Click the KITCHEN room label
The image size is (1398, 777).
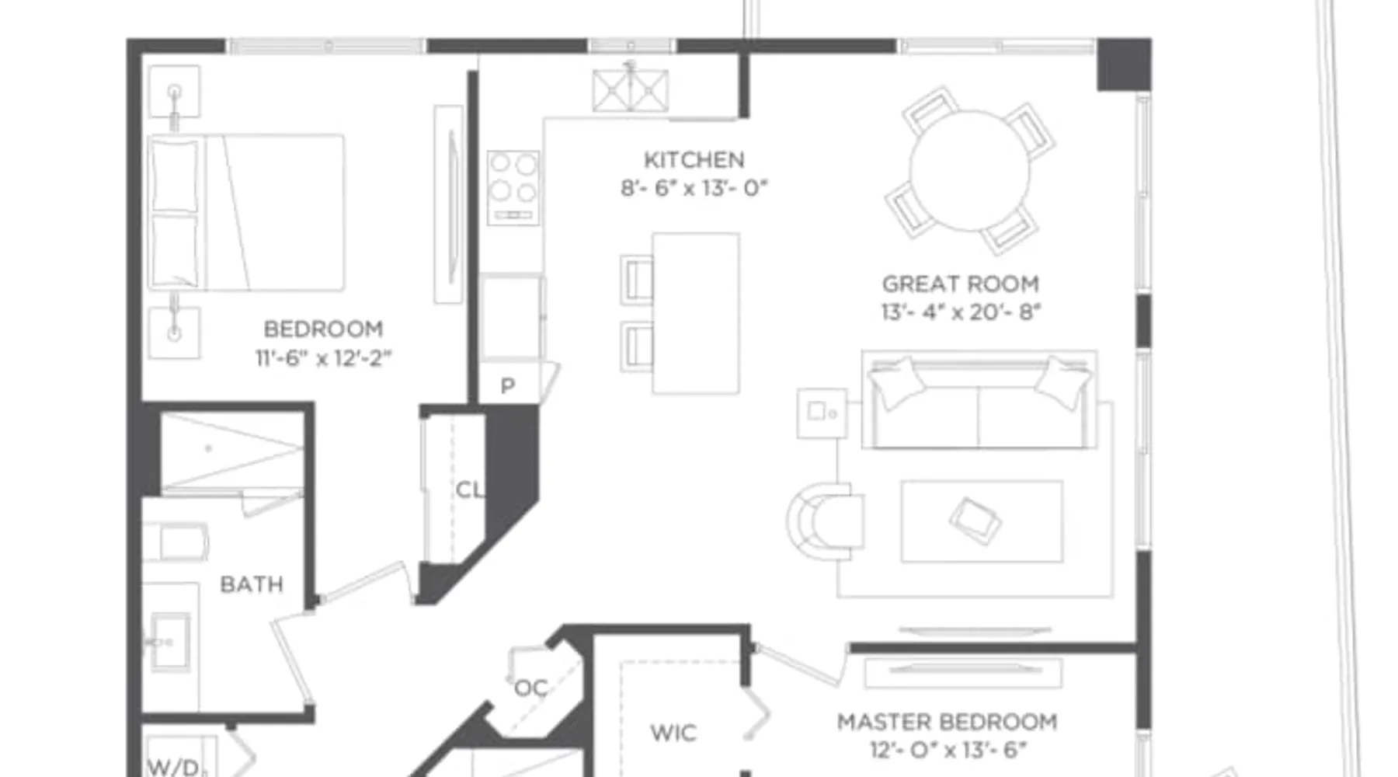694,160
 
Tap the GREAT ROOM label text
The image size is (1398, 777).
960,284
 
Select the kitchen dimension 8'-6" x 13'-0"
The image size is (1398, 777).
694,188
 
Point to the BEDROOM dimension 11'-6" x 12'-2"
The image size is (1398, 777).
323,357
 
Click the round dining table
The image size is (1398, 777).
969,170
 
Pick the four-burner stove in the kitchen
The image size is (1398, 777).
513,187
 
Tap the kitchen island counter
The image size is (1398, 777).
695,313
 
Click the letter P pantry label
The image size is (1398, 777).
507,386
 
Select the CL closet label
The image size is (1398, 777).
469,490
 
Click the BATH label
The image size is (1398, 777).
252,584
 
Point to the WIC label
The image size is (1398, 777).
673,733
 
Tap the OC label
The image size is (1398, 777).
531,688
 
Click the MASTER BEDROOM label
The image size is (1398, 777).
947,722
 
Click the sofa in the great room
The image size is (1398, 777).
979,400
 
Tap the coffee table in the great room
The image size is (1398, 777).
982,521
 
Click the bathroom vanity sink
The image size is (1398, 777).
171,642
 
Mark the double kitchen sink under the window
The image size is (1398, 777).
630,91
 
